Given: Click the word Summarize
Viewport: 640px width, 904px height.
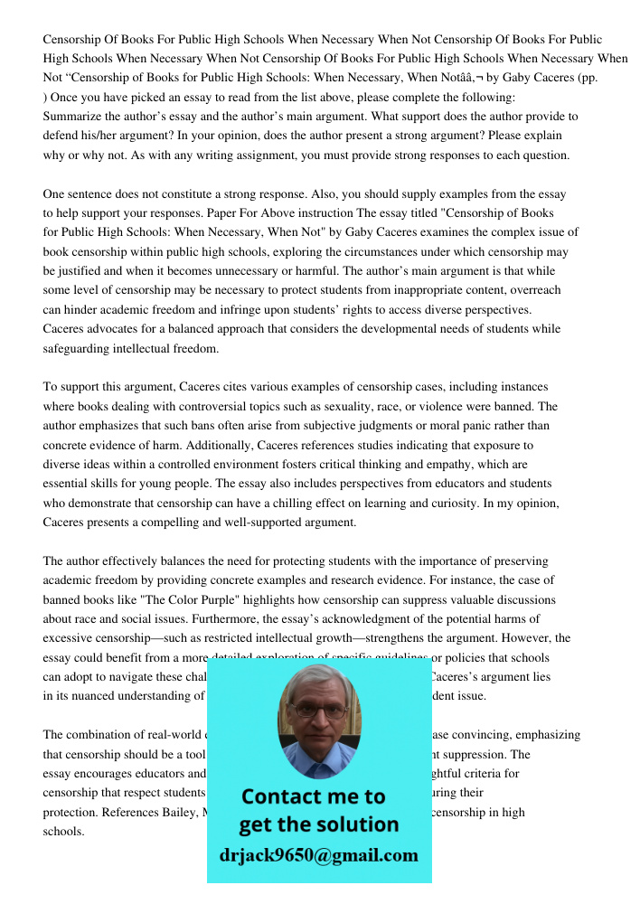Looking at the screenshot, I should [75, 117].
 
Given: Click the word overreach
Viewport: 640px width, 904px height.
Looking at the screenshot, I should [531, 290].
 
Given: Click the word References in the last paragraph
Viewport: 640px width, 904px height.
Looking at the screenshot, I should [136, 812].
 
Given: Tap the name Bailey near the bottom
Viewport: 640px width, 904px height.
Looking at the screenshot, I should [189, 812].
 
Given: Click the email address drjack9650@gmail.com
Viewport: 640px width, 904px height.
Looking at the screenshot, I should [318, 854].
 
